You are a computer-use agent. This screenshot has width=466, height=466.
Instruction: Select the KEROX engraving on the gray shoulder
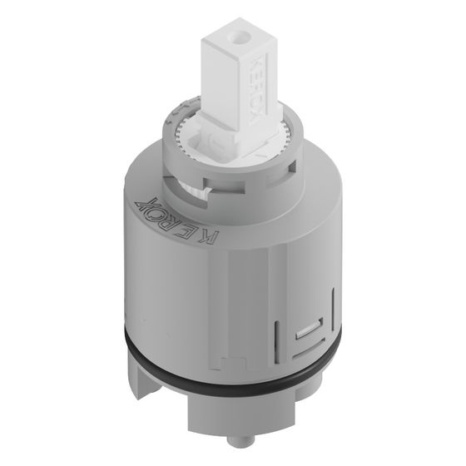tap(176, 221)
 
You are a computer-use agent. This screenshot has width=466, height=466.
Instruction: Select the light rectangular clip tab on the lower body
tap(308, 329)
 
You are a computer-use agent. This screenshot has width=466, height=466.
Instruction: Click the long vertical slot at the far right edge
tap(333, 309)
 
